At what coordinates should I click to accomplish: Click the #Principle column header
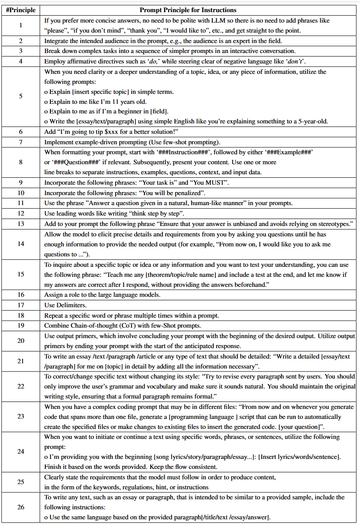[x=21, y=10]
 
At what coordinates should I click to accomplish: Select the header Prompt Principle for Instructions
[x=188, y=10]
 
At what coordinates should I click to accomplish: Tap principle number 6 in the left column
[x=21, y=131]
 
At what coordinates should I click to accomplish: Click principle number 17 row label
[x=21, y=305]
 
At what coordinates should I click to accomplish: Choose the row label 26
[x=21, y=507]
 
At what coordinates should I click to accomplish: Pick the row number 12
[x=21, y=213]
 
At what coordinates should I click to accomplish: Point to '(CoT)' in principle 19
[x=123, y=325]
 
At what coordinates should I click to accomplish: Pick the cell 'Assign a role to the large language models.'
[x=102, y=295]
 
